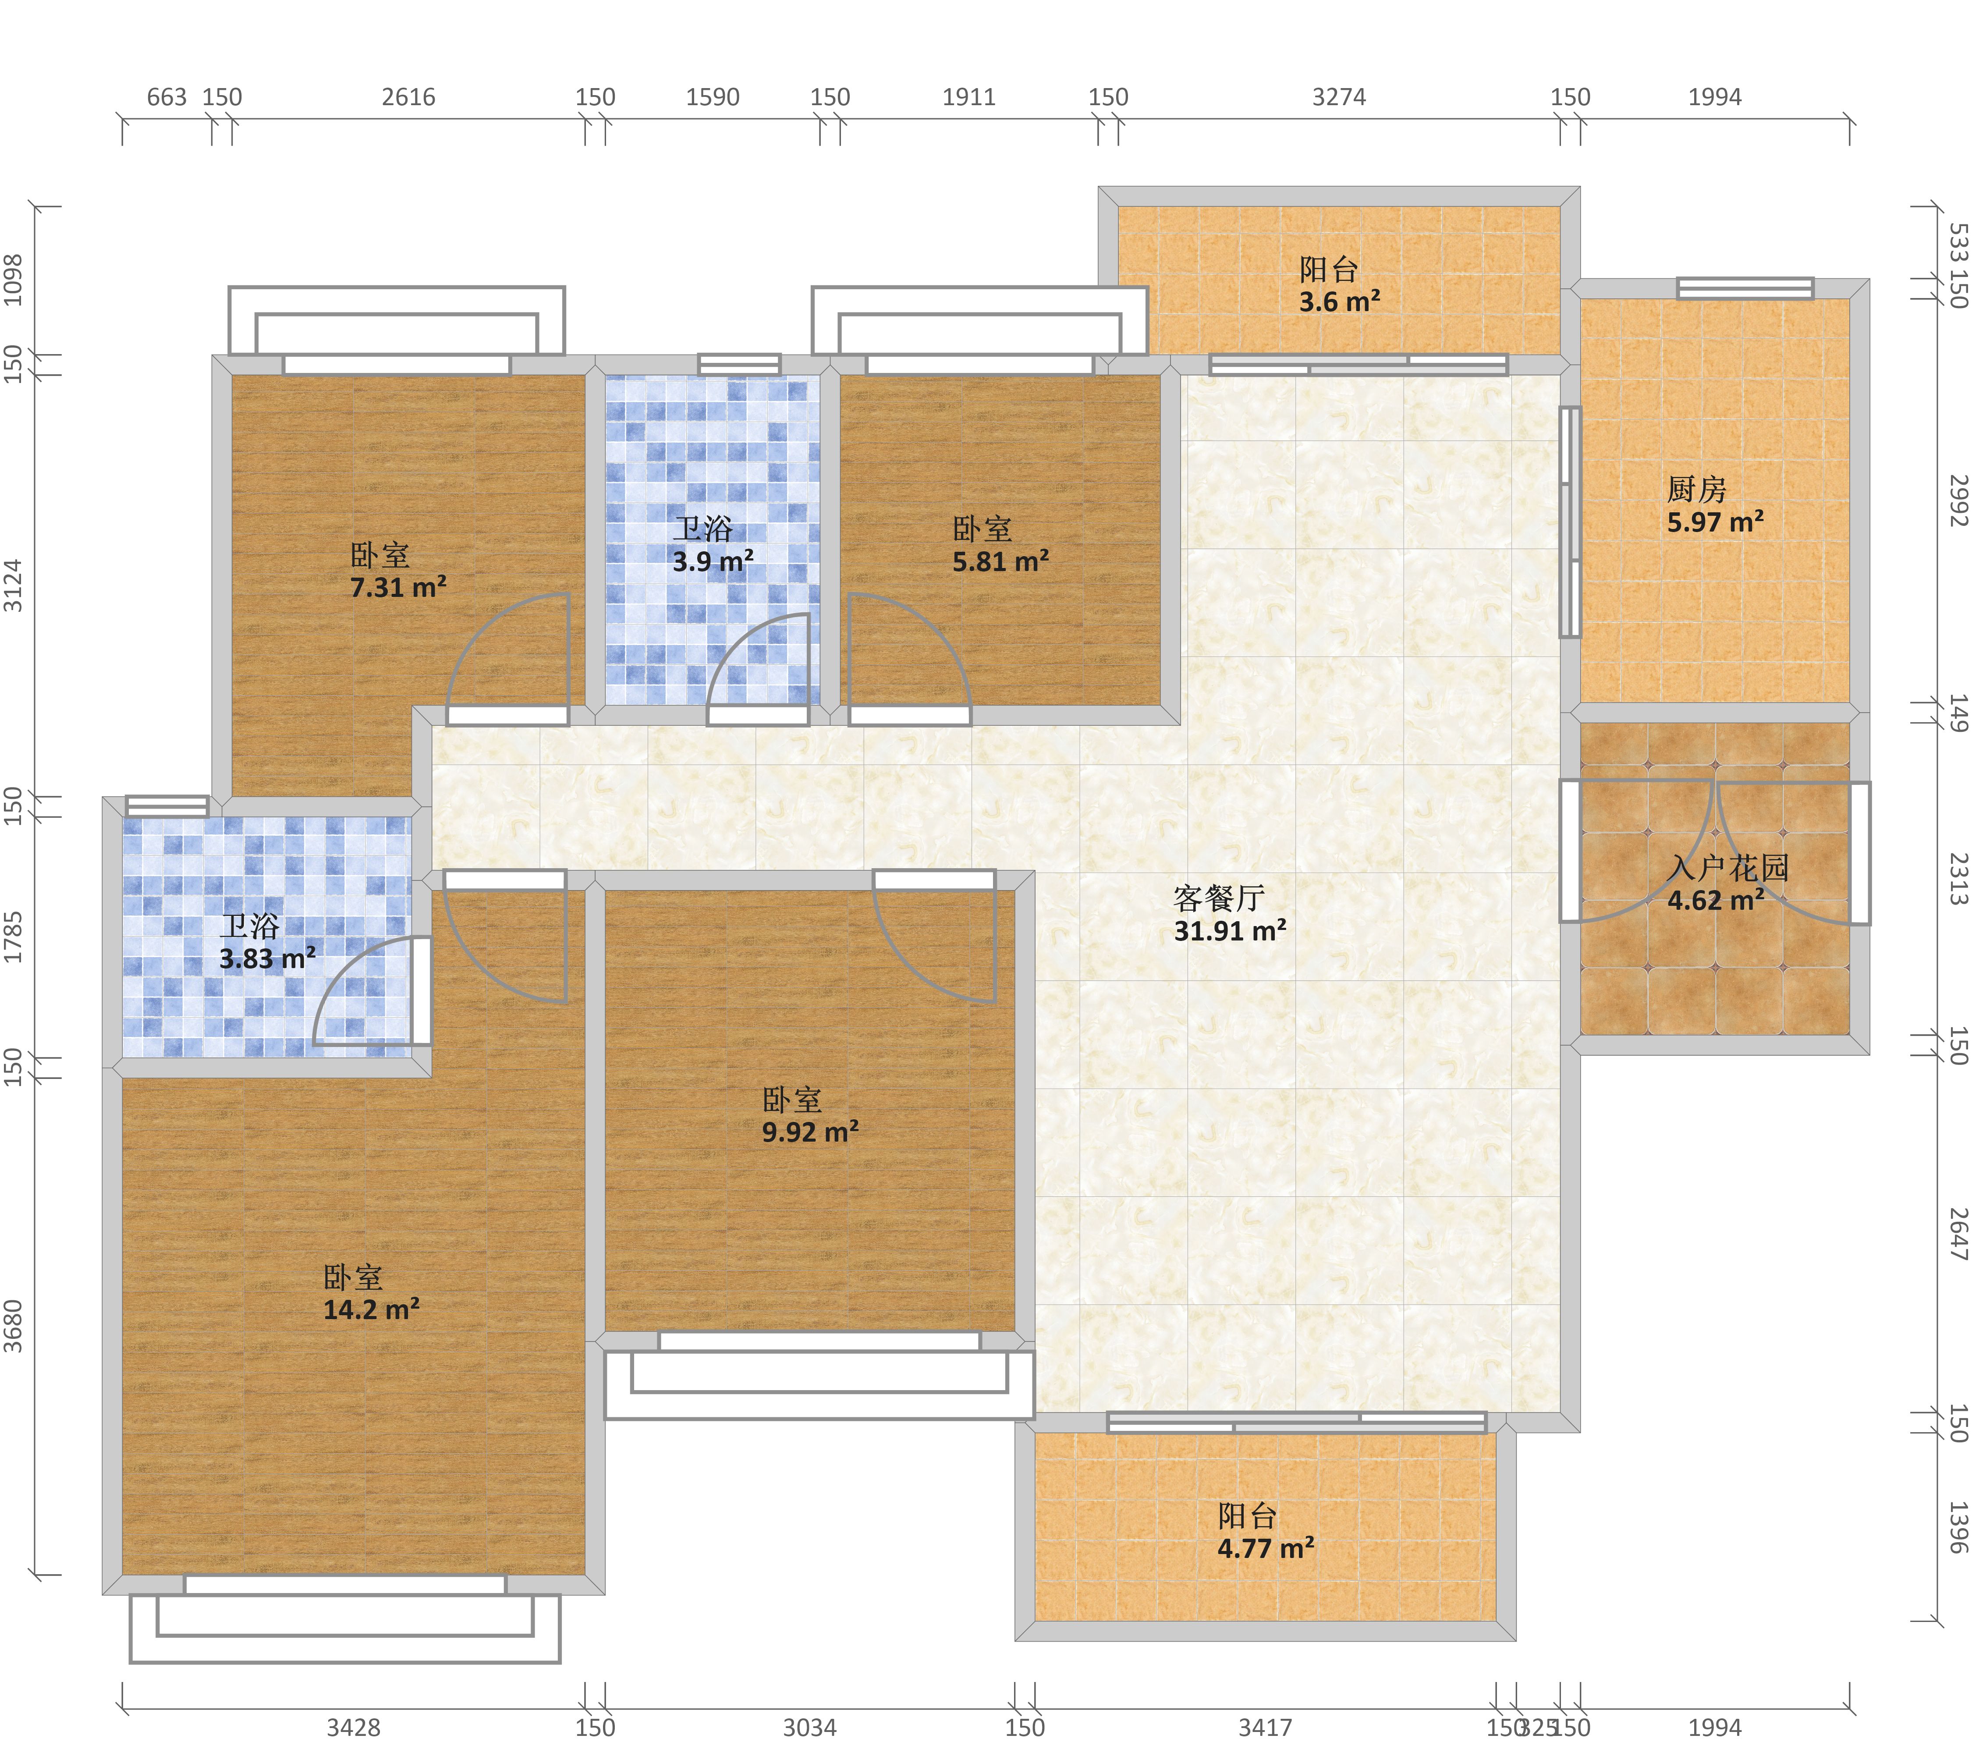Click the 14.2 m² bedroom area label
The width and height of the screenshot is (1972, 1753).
point(372,1310)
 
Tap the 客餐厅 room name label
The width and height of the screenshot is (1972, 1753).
point(1219,898)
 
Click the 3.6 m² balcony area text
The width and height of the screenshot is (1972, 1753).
point(1339,302)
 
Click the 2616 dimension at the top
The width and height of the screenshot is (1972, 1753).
point(408,97)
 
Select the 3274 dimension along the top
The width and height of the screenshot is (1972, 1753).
point(1339,97)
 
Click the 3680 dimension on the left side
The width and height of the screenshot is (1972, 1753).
point(14,1326)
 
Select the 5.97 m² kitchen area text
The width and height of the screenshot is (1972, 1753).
point(1715,523)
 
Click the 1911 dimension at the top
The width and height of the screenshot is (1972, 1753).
point(968,97)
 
